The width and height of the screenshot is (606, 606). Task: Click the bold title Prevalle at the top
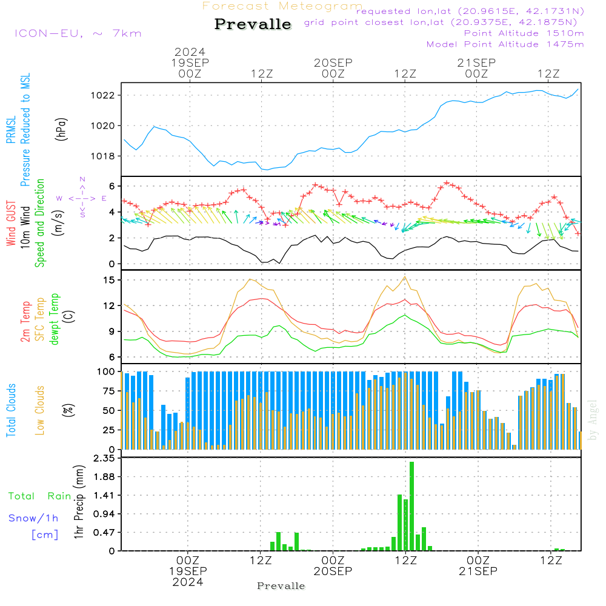pos(253,24)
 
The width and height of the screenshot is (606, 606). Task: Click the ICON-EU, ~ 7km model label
pos(78,33)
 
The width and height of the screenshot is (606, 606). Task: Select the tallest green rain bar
pos(411,506)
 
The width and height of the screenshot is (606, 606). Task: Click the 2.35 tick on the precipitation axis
pos(104,458)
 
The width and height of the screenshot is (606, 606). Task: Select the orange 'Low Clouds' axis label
pos(40,410)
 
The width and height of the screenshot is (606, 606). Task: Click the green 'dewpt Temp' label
pos(55,319)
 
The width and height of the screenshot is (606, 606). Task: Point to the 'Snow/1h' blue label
pos(33,518)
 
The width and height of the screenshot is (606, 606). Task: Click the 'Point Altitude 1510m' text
pos(524,33)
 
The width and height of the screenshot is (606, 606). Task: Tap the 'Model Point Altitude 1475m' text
pos(505,44)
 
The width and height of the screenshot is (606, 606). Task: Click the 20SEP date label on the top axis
pos(333,62)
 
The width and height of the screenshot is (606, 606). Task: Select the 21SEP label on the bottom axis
pos(478,571)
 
